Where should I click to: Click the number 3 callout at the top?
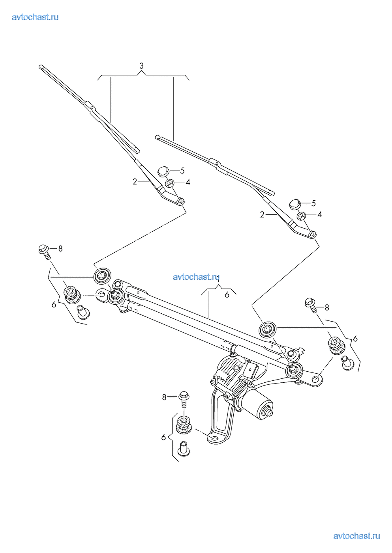tap(141, 66)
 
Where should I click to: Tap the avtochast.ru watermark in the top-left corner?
tap(35, 17)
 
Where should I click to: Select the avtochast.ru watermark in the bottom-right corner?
tap(356, 536)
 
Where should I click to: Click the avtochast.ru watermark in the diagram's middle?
tap(196, 277)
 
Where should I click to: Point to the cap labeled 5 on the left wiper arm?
tap(163, 171)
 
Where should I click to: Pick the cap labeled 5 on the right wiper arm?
tap(295, 204)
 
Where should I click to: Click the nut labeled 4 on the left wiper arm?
tap(170, 183)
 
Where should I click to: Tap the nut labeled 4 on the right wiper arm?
tap(302, 216)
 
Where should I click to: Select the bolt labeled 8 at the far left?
tap(44, 251)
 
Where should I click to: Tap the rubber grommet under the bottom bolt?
tap(184, 425)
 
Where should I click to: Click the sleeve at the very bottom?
tap(184, 449)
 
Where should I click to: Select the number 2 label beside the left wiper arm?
tap(135, 182)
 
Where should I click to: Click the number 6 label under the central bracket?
tap(227, 295)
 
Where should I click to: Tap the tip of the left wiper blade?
tap(41, 67)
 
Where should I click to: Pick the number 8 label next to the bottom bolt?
tap(164, 397)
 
